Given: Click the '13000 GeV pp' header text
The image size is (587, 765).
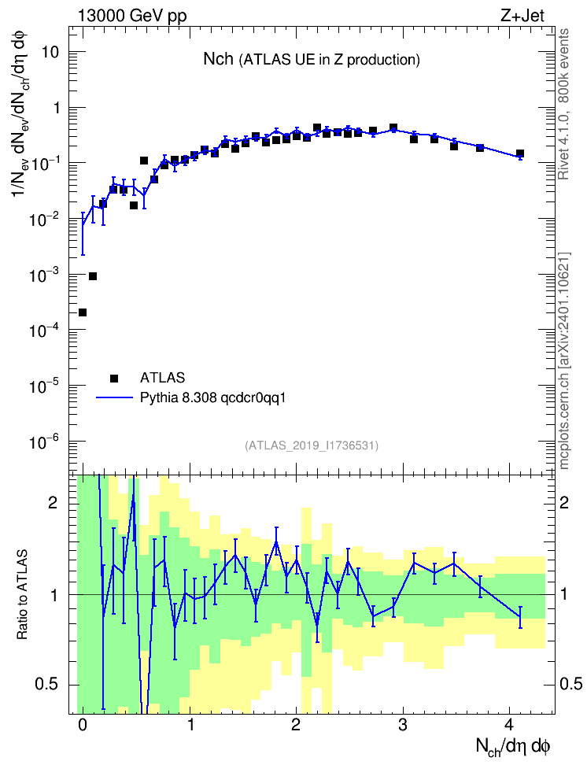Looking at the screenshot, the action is click(x=132, y=16).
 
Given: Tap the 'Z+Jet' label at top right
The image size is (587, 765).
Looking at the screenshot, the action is click(x=522, y=16).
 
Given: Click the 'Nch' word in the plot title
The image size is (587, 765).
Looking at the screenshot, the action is click(x=218, y=59).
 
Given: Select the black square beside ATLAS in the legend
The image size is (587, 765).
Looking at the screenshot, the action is click(x=114, y=378).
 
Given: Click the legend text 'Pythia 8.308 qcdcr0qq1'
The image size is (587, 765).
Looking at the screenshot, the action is click(x=212, y=398).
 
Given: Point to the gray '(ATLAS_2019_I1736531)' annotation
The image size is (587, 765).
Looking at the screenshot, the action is click(x=312, y=445).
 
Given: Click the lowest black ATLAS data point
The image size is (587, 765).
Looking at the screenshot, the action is click(x=83, y=312).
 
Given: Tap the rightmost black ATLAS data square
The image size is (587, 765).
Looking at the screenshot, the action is click(x=520, y=153).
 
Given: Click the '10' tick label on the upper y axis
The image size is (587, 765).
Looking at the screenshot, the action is click(x=50, y=52).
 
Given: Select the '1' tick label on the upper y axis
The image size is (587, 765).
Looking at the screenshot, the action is click(x=56, y=108).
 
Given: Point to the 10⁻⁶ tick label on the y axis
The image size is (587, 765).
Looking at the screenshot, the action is click(x=44, y=442).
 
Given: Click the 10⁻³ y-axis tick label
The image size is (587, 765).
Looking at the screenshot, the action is click(x=44, y=275).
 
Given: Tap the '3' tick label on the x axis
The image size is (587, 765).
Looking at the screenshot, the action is click(x=403, y=725).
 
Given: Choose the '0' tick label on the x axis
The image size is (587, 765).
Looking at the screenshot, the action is click(x=83, y=725).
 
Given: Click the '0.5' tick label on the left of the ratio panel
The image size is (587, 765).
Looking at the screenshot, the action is click(x=47, y=685).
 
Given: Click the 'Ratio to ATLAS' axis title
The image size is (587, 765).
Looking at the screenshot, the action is click(x=22, y=594).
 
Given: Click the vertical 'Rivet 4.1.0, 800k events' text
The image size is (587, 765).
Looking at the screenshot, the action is click(x=563, y=104).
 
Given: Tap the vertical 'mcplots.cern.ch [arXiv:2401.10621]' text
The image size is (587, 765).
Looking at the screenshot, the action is click(x=564, y=361).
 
